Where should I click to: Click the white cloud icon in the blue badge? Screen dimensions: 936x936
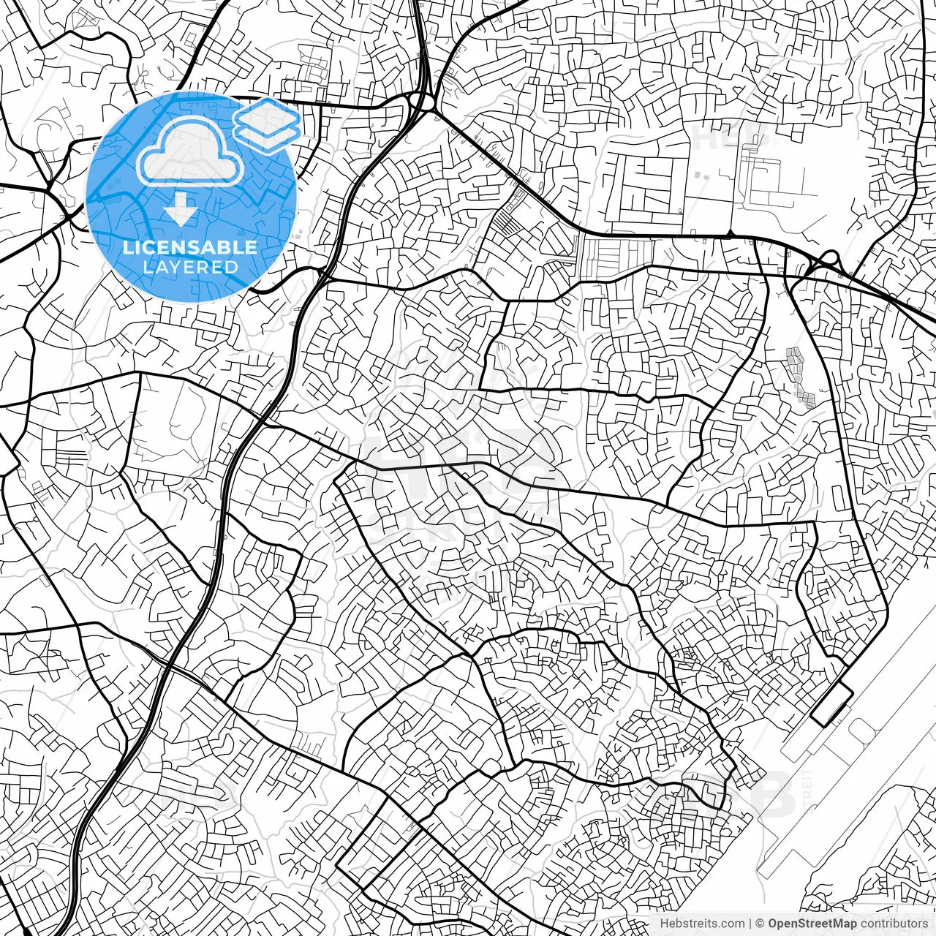tap(190, 151)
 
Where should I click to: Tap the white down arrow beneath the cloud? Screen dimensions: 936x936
tap(180, 210)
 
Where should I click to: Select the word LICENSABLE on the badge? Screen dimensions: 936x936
tap(190, 247)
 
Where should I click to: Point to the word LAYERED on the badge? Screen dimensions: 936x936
tap(190, 267)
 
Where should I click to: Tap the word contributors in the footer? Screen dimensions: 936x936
tap(894, 924)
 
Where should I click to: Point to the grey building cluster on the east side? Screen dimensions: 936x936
tap(801, 377)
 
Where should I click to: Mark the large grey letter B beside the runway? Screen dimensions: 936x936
tap(775, 793)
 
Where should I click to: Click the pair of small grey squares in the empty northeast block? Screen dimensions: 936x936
tap(702, 175)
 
